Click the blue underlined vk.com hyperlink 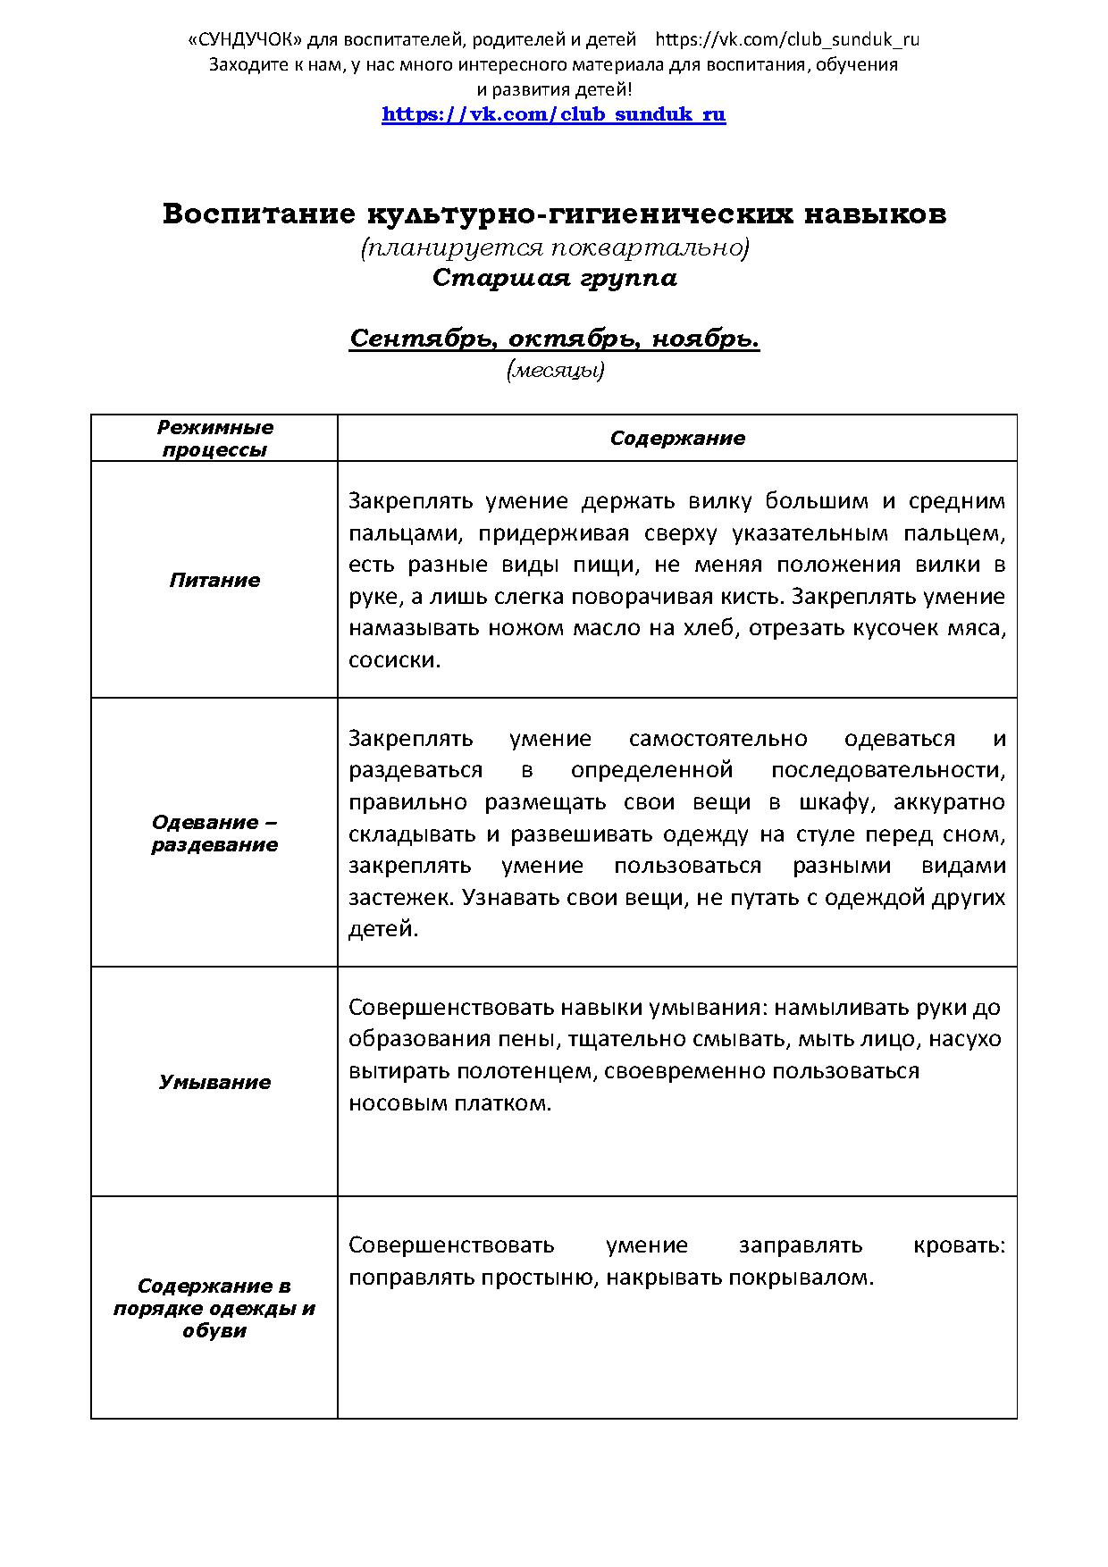[553, 114]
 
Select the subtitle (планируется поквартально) [554, 247]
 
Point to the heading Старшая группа [554, 278]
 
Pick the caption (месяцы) [555, 370]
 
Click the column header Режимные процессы [214, 439]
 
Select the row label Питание [214, 581]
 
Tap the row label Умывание [214, 1083]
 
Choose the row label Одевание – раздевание [214, 834]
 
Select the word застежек [400, 898]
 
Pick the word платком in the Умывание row [504, 1103]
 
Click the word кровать [958, 1245]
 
